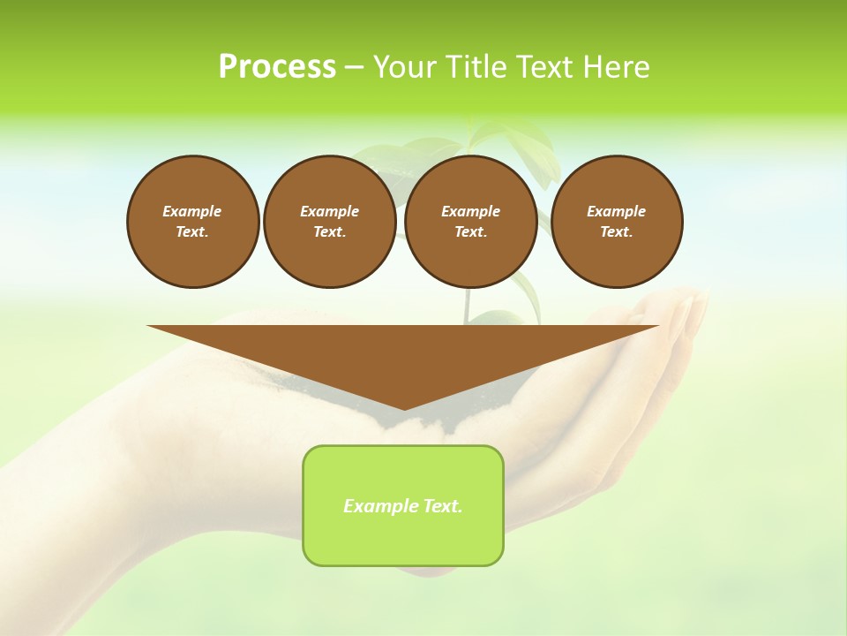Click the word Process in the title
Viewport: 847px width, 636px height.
[x=277, y=67]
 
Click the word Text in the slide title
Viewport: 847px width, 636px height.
[x=547, y=67]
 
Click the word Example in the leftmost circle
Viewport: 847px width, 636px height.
[x=192, y=211]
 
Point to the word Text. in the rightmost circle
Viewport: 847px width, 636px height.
[x=617, y=232]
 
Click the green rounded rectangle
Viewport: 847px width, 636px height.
[x=403, y=539]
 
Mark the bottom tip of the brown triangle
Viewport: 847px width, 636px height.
[x=404, y=408]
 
